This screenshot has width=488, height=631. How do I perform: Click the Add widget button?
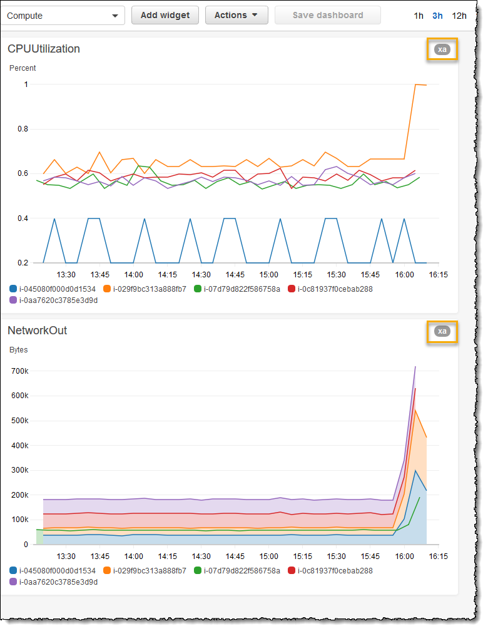click(x=165, y=15)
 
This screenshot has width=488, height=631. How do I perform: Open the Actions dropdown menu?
click(x=236, y=15)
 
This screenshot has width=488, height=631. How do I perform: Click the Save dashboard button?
click(x=327, y=15)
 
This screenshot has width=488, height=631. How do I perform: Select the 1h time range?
click(x=419, y=16)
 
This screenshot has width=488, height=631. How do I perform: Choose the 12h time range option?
click(x=459, y=16)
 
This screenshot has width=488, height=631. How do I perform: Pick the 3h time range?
click(x=438, y=16)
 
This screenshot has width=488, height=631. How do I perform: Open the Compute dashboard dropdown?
click(x=63, y=16)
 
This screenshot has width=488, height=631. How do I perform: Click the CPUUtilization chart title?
click(x=44, y=49)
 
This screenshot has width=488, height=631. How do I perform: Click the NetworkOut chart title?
click(x=37, y=331)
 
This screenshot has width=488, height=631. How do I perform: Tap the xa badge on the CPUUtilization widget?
click(x=442, y=49)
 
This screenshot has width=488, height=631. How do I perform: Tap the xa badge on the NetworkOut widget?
click(x=442, y=331)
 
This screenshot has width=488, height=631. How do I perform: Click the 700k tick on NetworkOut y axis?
click(x=19, y=371)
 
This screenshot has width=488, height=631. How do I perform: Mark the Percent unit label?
click(x=23, y=68)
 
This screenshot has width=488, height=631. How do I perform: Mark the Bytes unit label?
click(x=19, y=349)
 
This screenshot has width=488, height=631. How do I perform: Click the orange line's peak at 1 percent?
click(x=416, y=85)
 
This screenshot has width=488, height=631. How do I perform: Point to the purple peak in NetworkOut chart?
click(x=415, y=367)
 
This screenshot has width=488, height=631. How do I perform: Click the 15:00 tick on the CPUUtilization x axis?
click(x=269, y=275)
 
